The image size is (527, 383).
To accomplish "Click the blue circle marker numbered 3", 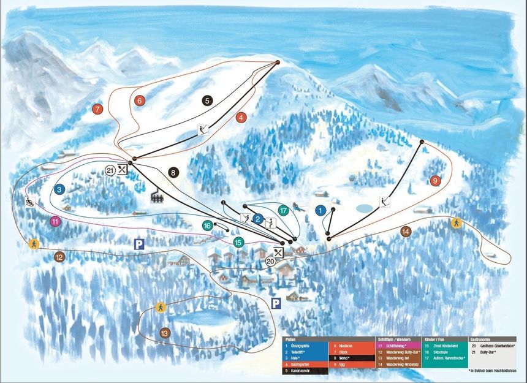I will [x=59, y=190].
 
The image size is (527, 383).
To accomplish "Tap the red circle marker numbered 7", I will [x=97, y=109].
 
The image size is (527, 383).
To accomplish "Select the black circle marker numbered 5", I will [x=207, y=100].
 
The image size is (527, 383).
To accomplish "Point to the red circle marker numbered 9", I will [x=435, y=181].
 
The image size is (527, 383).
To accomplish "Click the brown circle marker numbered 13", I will [x=164, y=333].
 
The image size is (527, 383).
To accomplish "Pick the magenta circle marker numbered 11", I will [x=55, y=221].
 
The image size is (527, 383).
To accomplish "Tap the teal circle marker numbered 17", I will [x=283, y=210].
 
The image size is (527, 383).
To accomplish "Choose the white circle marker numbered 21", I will [x=110, y=170].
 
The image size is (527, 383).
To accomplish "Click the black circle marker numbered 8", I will [x=174, y=173].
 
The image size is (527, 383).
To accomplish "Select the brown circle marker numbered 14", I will [x=405, y=232].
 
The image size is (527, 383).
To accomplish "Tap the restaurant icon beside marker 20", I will [x=279, y=251].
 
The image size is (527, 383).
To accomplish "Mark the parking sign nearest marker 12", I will [x=139, y=244].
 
